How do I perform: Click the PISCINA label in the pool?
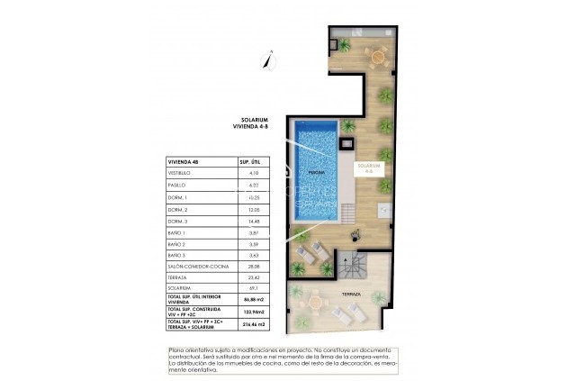tap(316, 171)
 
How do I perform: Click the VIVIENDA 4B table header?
tap(185, 161)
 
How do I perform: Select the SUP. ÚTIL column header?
tap(249, 161)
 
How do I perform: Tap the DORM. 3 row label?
tap(178, 222)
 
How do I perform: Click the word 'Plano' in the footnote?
tap(176, 349)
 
